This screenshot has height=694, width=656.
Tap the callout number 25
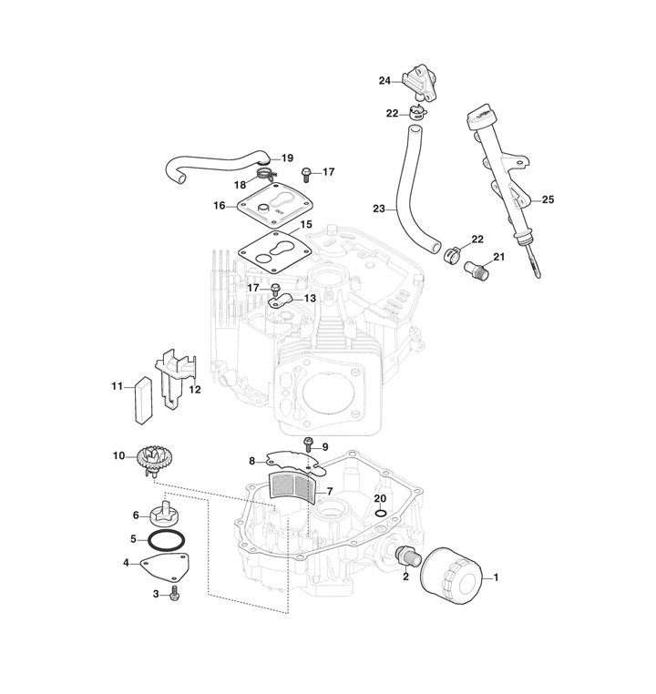point(548,199)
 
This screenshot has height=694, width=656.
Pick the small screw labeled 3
point(176,594)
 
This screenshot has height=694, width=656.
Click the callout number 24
point(384,81)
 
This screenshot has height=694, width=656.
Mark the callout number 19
point(287,158)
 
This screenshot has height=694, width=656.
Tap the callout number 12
point(194,389)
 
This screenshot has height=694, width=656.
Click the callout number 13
point(310,298)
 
